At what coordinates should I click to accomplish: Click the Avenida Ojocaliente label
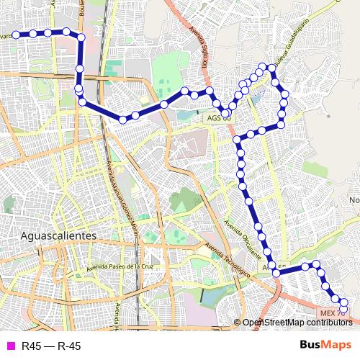[244, 238]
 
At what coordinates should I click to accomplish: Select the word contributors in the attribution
[328, 322]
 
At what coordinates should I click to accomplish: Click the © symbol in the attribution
[237, 322]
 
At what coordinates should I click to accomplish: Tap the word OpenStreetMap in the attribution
[271, 322]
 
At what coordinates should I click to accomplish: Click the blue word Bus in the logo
[311, 345]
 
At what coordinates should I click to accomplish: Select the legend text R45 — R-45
[51, 346]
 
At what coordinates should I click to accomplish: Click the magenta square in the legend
[9, 346]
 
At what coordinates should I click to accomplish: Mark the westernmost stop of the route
[15, 34]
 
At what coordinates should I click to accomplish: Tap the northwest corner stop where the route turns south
[81, 37]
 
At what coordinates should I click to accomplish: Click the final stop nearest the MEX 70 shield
[343, 309]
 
